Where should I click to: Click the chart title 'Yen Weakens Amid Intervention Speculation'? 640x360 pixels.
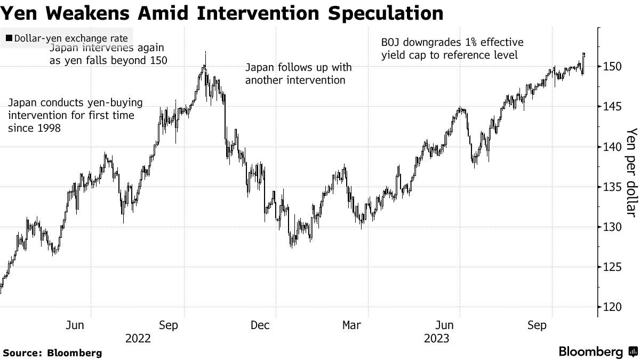click(x=221, y=13)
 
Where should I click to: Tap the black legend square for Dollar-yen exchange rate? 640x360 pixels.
click(x=9, y=38)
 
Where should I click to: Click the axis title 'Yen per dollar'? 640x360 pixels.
click(x=631, y=172)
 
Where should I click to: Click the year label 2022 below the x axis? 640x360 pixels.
click(x=138, y=338)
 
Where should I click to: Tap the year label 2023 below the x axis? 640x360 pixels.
click(x=437, y=338)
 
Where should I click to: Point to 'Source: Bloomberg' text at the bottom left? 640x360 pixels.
click(x=52, y=353)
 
